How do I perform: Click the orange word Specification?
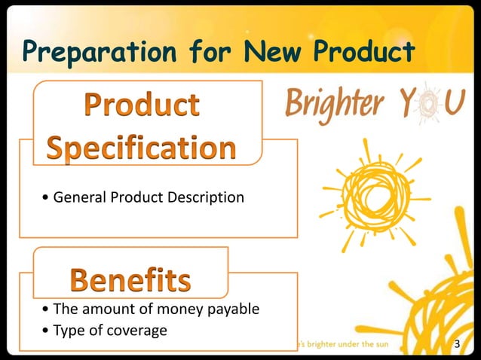point(142,147)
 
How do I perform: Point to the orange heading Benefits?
point(130,280)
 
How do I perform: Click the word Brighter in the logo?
point(335,103)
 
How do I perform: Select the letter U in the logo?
point(454,104)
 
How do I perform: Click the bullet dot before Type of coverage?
point(47,331)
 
